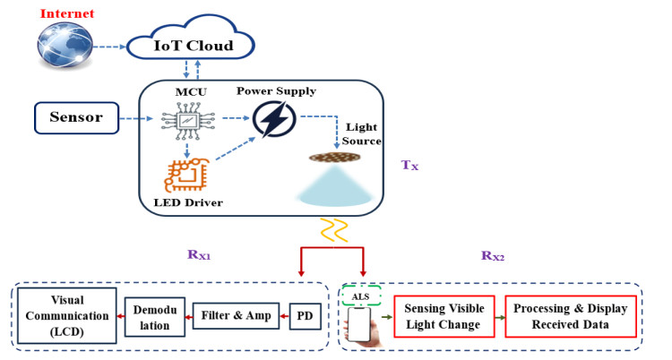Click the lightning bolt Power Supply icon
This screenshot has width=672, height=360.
pos(275,120)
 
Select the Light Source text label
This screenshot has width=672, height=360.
pos(358,135)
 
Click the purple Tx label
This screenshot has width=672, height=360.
pos(409,166)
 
